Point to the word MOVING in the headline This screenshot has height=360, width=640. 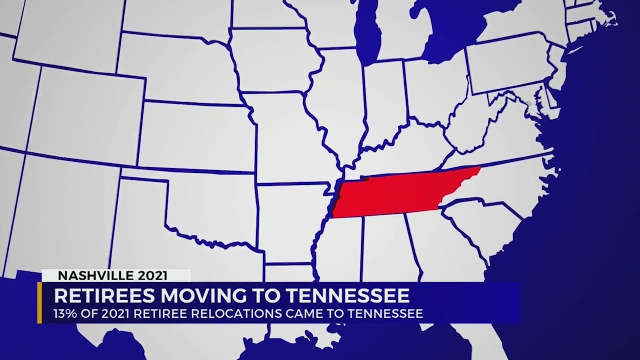click(x=200, y=295)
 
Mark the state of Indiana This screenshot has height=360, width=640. click(x=382, y=105)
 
